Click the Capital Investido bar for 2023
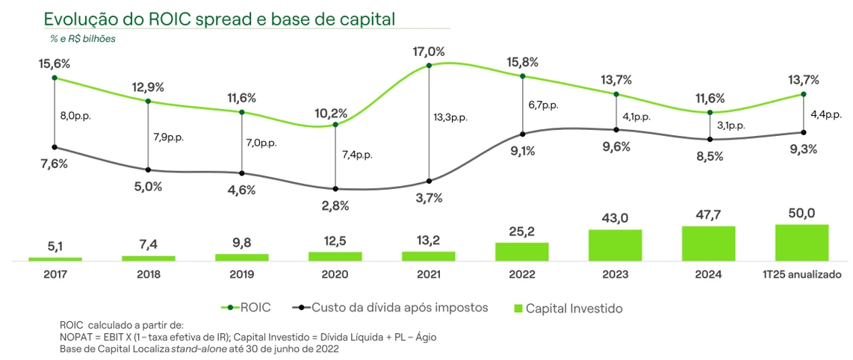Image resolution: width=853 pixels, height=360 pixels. (x=615, y=245)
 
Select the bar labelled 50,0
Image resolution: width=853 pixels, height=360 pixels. (x=801, y=242)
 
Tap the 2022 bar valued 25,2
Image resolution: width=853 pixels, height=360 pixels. (x=521, y=252)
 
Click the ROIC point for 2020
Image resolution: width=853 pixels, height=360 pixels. (x=335, y=125)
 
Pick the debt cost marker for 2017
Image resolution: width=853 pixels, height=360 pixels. (x=55, y=146)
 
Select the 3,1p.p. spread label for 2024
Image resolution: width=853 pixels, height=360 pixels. (x=729, y=125)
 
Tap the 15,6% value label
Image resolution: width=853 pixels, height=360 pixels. (x=54, y=65)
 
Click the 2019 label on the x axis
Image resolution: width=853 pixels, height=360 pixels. (x=241, y=274)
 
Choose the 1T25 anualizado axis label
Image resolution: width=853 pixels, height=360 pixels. (x=801, y=274)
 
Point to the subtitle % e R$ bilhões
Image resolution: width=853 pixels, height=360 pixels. (x=83, y=38)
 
